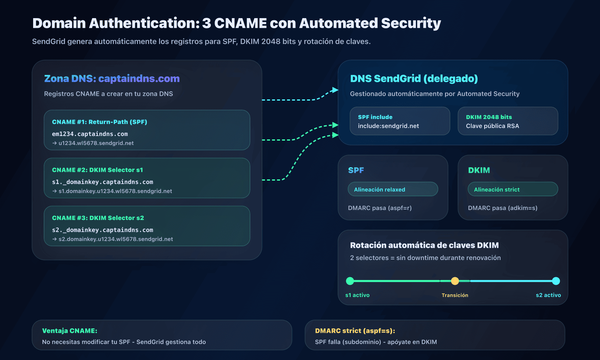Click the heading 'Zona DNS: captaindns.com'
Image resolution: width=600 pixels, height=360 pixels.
pos(112,78)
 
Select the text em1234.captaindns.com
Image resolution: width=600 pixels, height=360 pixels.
pos(90,134)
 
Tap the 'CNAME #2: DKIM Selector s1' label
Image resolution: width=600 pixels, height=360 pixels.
pos(97,170)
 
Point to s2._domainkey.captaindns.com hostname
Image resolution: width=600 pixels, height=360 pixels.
pos(102,230)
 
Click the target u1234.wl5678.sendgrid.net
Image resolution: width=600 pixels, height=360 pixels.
pos(96,143)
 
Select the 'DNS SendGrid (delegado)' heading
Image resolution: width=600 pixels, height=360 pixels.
pos(414,78)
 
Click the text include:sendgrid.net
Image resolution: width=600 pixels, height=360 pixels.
pos(388,126)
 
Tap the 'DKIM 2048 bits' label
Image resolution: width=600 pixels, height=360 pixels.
pos(489,117)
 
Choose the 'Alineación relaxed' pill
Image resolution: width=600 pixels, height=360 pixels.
pos(393,189)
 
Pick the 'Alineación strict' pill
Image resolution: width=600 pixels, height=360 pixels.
pos(512,189)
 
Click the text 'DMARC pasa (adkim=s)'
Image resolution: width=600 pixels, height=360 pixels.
pos(502,208)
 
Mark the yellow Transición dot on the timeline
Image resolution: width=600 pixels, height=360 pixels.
pos(455,281)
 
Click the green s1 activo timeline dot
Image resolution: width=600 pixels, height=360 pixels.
pos(350,281)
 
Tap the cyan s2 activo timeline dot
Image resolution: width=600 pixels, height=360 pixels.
pos(556,281)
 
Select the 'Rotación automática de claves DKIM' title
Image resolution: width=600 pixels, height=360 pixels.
pos(424,245)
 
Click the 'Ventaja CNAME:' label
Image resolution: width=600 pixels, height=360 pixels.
pos(70,331)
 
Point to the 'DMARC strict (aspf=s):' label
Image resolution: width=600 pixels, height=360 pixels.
pos(355,331)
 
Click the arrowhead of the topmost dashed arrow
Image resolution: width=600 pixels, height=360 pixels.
pos(336,90)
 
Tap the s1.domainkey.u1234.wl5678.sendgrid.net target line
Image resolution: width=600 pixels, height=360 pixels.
pos(115,191)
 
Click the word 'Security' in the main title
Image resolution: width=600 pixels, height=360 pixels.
pos(411,23)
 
